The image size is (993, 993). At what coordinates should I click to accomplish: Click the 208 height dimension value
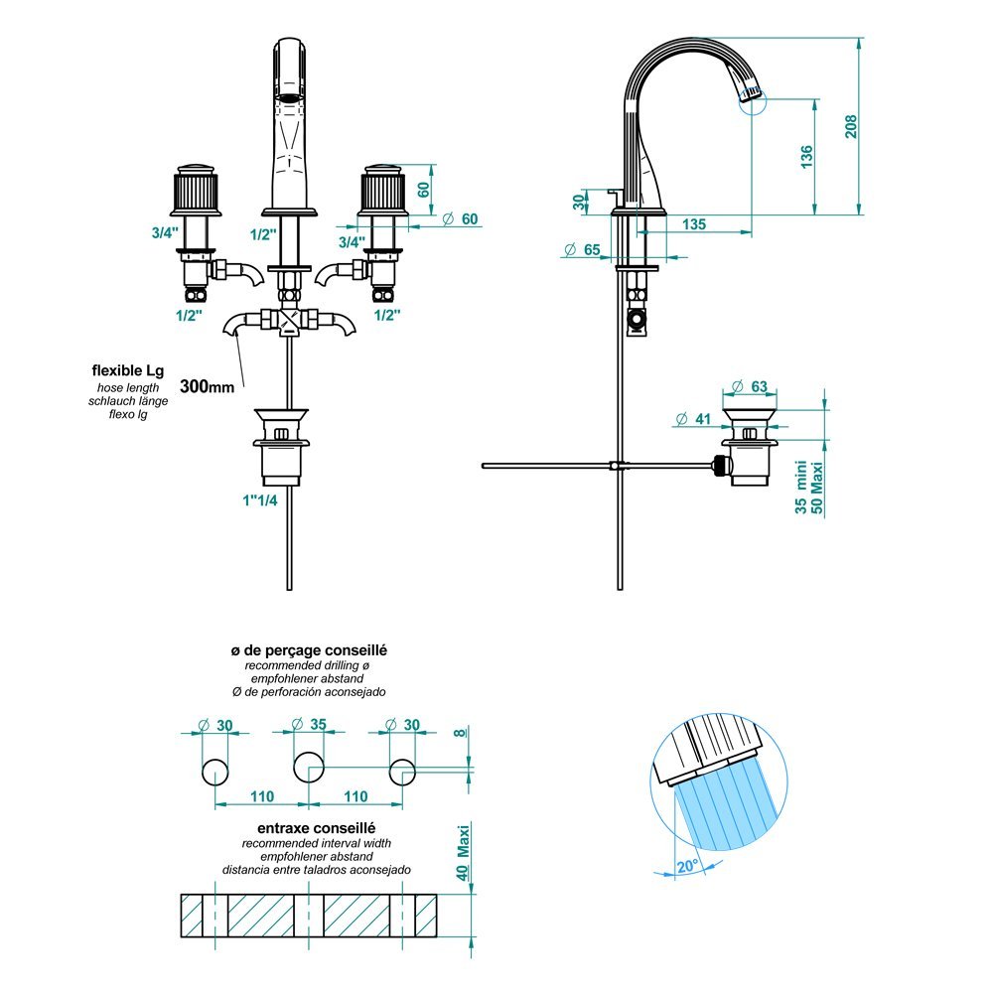[850, 126]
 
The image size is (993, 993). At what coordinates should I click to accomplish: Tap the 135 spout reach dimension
[694, 225]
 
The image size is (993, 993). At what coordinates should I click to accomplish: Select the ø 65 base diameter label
[585, 249]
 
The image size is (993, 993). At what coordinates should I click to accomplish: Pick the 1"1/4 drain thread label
[257, 499]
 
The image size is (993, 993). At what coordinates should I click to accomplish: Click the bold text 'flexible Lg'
[127, 370]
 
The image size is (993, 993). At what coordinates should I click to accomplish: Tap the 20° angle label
[686, 864]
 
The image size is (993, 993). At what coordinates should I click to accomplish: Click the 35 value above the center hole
[317, 724]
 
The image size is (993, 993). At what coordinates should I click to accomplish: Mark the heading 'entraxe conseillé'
[308, 827]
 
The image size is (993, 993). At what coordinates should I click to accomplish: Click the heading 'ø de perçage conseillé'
[308, 649]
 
